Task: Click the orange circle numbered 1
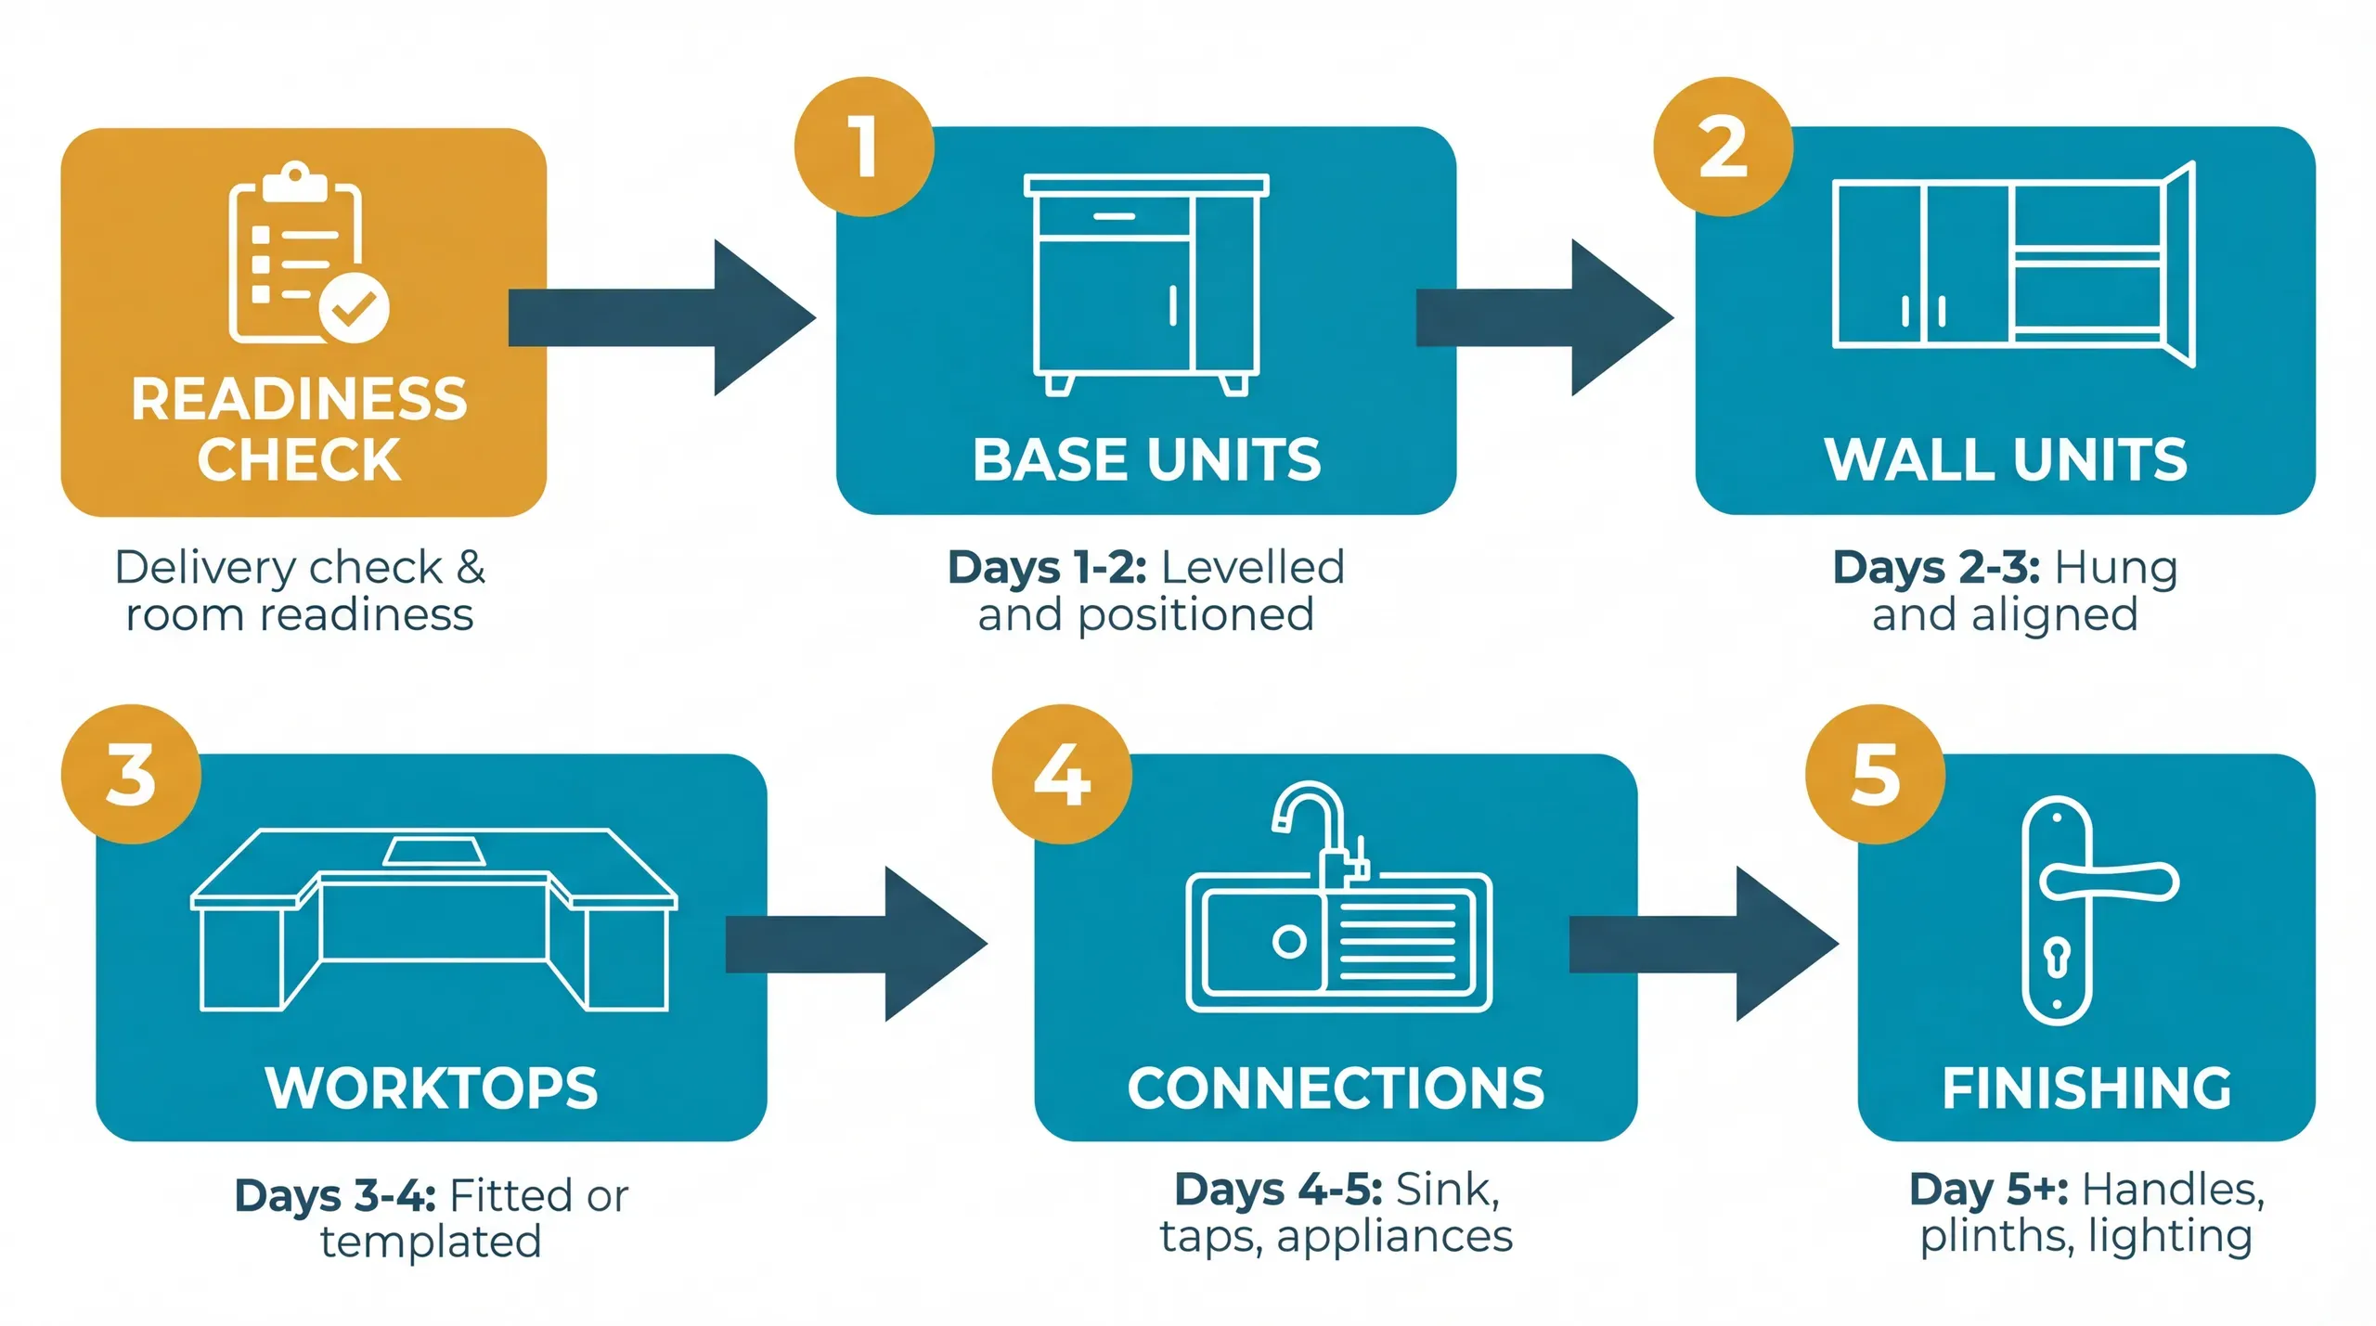864,147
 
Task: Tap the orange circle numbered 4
1062,774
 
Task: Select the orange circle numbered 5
1875,774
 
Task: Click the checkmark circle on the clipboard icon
354,308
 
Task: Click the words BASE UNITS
1146,460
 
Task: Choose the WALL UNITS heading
2005,460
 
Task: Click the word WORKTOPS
432,1088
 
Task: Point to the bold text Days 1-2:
1047,567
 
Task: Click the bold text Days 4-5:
1278,1190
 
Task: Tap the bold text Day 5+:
1988,1190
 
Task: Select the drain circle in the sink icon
1289,942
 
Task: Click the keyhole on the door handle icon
2057,959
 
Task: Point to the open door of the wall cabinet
2180,264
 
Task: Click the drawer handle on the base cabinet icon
1114,216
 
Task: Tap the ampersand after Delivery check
471,567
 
